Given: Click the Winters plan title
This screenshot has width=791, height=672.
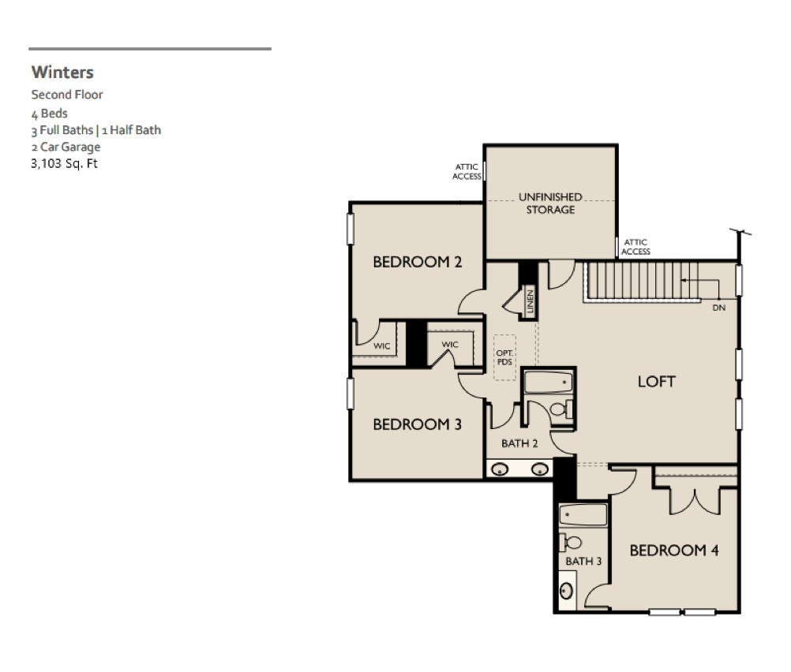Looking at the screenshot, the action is click(x=62, y=72).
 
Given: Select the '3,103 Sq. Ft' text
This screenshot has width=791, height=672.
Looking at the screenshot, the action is click(x=64, y=163).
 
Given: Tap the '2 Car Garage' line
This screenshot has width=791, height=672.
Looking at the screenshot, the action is click(x=66, y=147).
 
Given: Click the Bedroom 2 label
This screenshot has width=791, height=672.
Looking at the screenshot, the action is click(x=417, y=262).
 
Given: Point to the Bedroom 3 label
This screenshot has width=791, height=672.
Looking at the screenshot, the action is click(x=417, y=424).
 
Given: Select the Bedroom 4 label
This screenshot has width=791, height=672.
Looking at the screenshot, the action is click(x=674, y=550).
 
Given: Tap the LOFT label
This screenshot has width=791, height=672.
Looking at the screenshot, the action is click(x=656, y=382).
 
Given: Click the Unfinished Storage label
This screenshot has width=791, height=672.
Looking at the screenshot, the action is click(x=550, y=203).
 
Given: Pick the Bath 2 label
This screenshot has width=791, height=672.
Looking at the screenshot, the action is click(x=519, y=443).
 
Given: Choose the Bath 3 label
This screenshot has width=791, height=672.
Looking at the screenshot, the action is click(x=583, y=561).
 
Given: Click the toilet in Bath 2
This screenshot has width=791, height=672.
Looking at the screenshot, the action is click(x=562, y=409).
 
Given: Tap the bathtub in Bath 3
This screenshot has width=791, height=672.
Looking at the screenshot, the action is click(x=583, y=515).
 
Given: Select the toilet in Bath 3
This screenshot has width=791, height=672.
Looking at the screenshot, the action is click(x=569, y=543).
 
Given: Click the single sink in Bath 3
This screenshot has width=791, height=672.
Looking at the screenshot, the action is click(x=567, y=591).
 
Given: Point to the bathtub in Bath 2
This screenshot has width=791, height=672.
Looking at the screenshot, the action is click(x=549, y=382).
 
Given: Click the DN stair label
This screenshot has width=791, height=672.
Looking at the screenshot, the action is click(x=719, y=308).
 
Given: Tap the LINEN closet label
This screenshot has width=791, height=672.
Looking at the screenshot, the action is click(x=530, y=301).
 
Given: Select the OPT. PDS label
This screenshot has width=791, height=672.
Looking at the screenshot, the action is click(x=504, y=357).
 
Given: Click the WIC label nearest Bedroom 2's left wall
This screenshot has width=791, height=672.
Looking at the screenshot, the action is click(x=382, y=345).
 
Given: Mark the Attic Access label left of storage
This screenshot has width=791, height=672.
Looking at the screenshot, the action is click(x=467, y=171).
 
